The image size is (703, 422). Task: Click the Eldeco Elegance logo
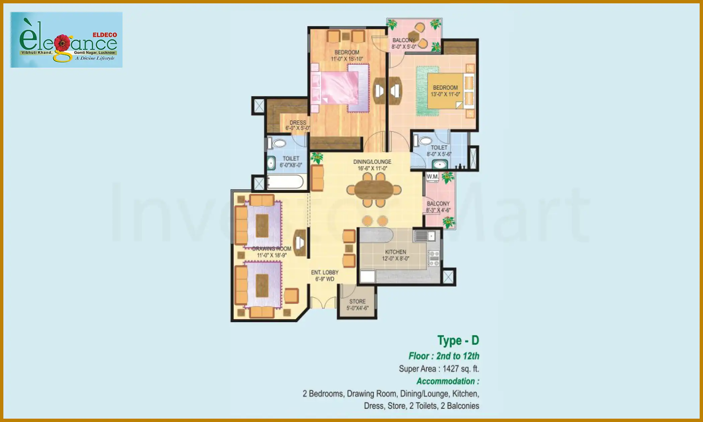(x=66, y=40)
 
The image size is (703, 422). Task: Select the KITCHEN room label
(x=395, y=252)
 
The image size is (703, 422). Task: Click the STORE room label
(x=357, y=301)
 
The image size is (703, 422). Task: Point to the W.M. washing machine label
(x=432, y=177)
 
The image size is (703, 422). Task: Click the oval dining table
(x=374, y=190)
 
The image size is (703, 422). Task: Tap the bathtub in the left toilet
(x=286, y=182)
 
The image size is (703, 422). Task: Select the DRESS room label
(x=298, y=123)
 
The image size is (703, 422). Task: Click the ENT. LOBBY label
(x=324, y=273)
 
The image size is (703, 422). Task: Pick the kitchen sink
(x=425, y=236)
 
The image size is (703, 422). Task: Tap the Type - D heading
(x=458, y=340)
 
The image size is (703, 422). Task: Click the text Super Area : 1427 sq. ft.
(x=439, y=369)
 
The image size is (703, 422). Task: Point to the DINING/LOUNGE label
(x=372, y=162)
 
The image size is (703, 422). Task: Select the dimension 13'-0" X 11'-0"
(x=445, y=94)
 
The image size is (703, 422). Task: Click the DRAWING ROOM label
(x=271, y=249)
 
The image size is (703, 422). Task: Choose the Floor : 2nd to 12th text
(x=444, y=356)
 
